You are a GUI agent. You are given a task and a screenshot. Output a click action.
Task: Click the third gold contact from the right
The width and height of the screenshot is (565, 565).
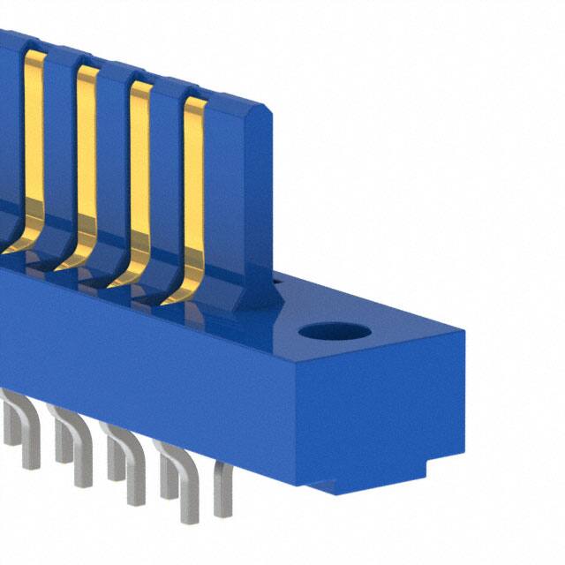[x=86, y=159]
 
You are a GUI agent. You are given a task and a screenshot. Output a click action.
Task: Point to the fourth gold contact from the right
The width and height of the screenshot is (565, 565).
[x=33, y=141]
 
